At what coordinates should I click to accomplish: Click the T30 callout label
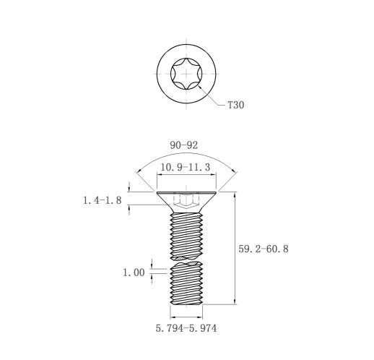point(236,105)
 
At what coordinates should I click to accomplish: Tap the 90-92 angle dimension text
point(184,145)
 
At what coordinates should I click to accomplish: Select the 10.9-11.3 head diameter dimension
point(185,167)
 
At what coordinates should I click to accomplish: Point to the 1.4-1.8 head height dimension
point(103,200)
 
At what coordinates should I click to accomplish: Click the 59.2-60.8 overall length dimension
point(264,249)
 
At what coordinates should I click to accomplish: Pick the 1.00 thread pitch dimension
point(134,273)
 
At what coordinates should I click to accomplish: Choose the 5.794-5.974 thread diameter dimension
point(186,328)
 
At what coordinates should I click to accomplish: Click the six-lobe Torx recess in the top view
point(186,74)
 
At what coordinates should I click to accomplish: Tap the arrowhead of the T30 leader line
point(200,87)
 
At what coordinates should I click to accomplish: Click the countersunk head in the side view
point(186,202)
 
